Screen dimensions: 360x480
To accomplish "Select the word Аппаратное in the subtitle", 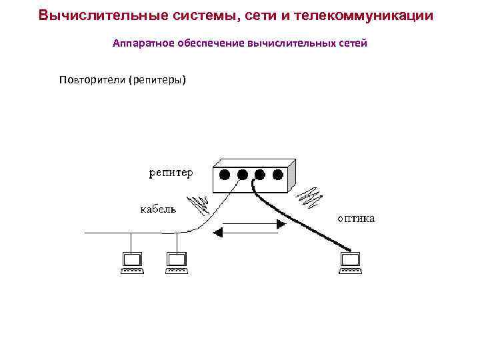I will click(x=141, y=43).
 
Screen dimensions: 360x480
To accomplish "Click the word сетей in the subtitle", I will click(x=351, y=43).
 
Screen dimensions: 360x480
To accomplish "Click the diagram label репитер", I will click(x=170, y=173).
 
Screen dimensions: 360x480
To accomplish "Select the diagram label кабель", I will click(x=158, y=209).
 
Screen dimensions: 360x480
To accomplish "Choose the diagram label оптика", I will click(x=355, y=217).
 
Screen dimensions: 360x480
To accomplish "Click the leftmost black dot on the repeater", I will click(x=225, y=175).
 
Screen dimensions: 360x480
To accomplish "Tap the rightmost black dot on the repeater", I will click(x=277, y=175).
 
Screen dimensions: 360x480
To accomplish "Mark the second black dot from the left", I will click(x=243, y=175).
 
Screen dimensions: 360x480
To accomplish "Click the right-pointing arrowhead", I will click(x=281, y=225).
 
